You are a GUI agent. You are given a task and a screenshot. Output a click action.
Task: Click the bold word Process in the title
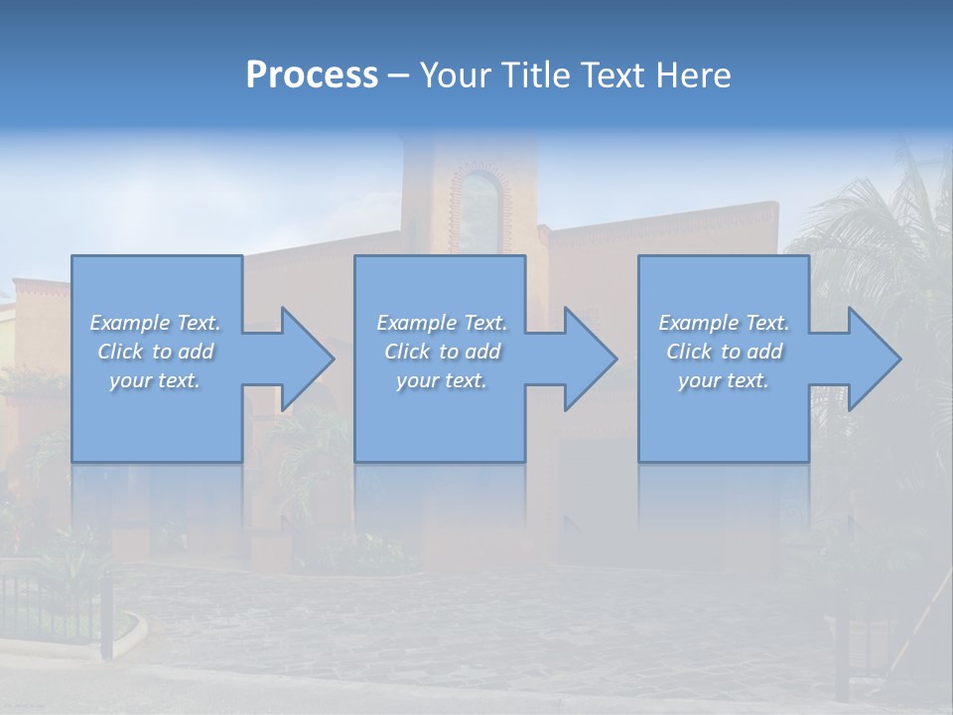click(312, 75)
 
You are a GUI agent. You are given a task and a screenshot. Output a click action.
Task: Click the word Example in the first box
click(130, 323)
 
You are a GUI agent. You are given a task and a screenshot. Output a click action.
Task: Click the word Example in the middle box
click(416, 323)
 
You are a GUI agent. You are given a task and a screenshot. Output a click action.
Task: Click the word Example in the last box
click(698, 323)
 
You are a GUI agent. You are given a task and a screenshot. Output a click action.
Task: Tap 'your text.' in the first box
click(155, 380)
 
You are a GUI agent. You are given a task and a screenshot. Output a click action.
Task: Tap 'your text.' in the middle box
click(441, 380)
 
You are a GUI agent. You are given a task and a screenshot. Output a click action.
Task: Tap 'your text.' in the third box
click(724, 380)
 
